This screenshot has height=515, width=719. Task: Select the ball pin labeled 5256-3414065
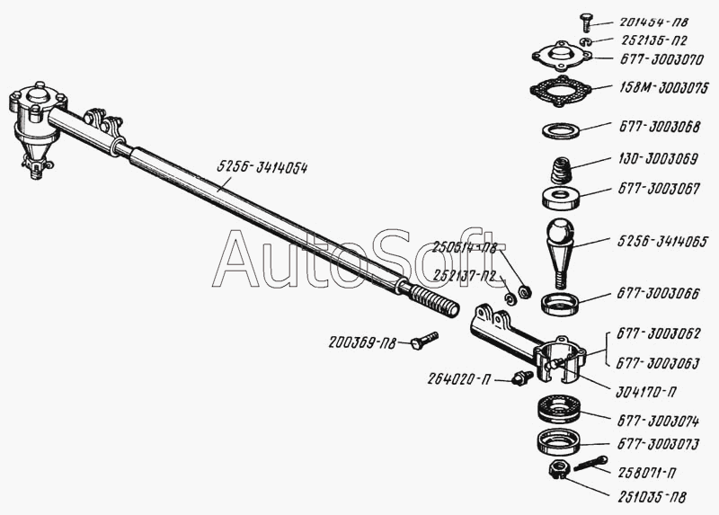click(564, 247)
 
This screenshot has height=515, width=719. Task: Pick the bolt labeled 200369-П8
click(424, 341)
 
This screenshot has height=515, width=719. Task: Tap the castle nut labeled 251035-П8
click(557, 469)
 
